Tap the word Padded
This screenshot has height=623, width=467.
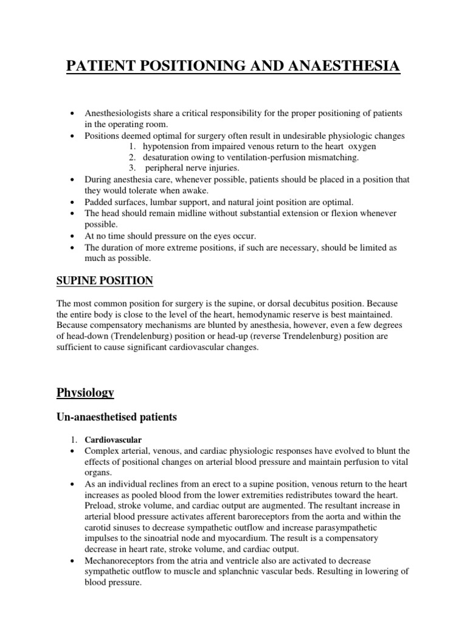[x=99, y=201]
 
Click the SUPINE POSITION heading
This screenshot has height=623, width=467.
[x=105, y=280]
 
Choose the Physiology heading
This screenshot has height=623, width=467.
[x=85, y=392]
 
